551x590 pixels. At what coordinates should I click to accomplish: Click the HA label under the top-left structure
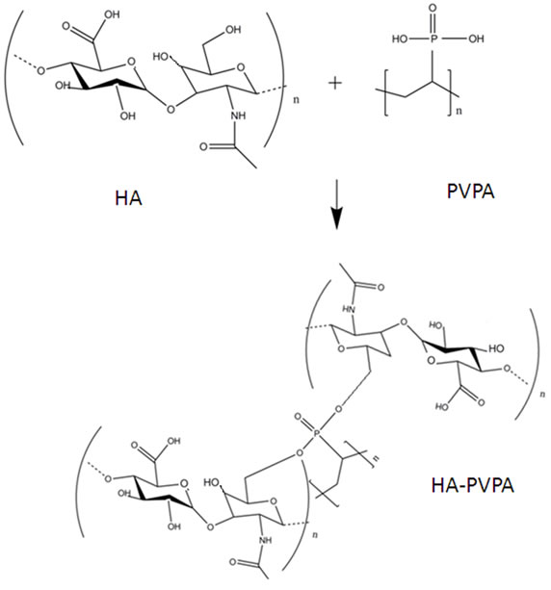tap(128, 198)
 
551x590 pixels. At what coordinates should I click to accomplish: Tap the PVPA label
tap(470, 192)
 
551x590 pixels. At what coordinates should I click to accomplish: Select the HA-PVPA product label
tap(473, 485)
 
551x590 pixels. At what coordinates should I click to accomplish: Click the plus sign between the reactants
tap(335, 83)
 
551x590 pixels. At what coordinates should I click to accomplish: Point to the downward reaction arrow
tap(337, 204)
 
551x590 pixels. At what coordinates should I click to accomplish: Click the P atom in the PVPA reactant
tap(433, 38)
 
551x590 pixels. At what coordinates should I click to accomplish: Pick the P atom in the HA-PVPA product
tap(317, 434)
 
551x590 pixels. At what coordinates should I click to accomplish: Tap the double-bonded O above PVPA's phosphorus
tap(433, 8)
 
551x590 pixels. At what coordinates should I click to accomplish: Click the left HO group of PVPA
tap(400, 38)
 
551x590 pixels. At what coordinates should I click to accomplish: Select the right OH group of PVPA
tap(476, 38)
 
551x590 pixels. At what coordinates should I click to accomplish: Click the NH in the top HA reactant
tap(238, 115)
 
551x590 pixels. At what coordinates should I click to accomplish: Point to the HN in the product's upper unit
tap(349, 309)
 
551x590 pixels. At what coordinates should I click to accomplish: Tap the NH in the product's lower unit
tap(265, 540)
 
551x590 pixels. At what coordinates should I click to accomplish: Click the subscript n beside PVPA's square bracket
tap(459, 111)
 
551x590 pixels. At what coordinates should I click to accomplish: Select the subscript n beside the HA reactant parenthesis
tap(297, 100)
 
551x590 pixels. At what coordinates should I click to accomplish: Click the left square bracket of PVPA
tap(386, 92)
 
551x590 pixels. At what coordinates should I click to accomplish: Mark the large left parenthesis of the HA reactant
tap(12, 77)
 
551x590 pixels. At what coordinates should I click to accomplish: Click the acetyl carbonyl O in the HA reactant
tap(204, 146)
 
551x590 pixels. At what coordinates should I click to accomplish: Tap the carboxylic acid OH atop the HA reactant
tap(112, 14)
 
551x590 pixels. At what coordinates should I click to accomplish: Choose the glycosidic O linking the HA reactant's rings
tap(171, 109)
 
